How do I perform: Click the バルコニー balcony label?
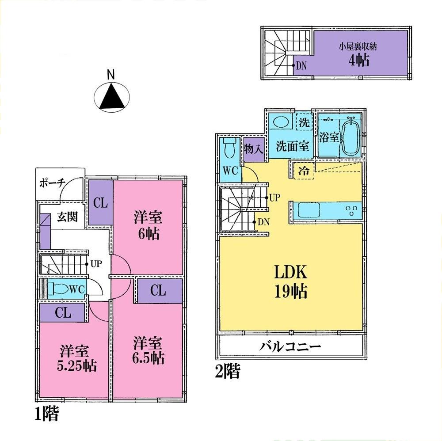290,346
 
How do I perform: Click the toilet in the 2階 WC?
230,148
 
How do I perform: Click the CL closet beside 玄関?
100,203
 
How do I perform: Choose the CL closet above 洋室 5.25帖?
63,312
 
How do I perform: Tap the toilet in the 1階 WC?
60,289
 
